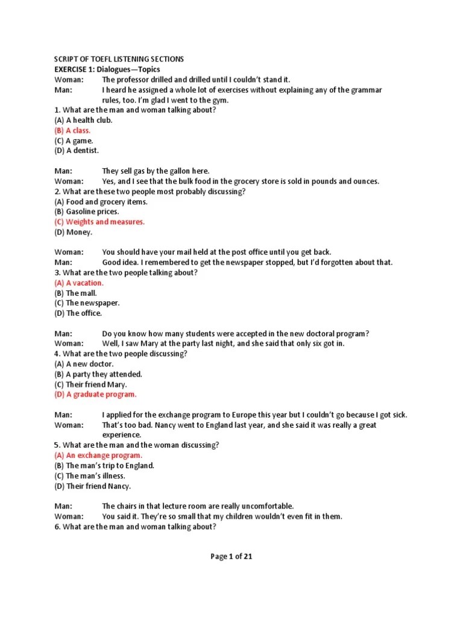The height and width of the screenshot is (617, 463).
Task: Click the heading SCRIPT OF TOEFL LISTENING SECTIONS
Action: point(119,59)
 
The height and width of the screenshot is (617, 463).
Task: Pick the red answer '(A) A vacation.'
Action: point(79,283)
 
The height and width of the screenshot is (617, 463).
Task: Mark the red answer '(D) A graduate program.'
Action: point(95,394)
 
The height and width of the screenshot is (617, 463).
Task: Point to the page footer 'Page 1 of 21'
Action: point(231,557)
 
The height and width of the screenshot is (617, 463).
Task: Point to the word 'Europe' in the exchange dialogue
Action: point(260,415)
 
